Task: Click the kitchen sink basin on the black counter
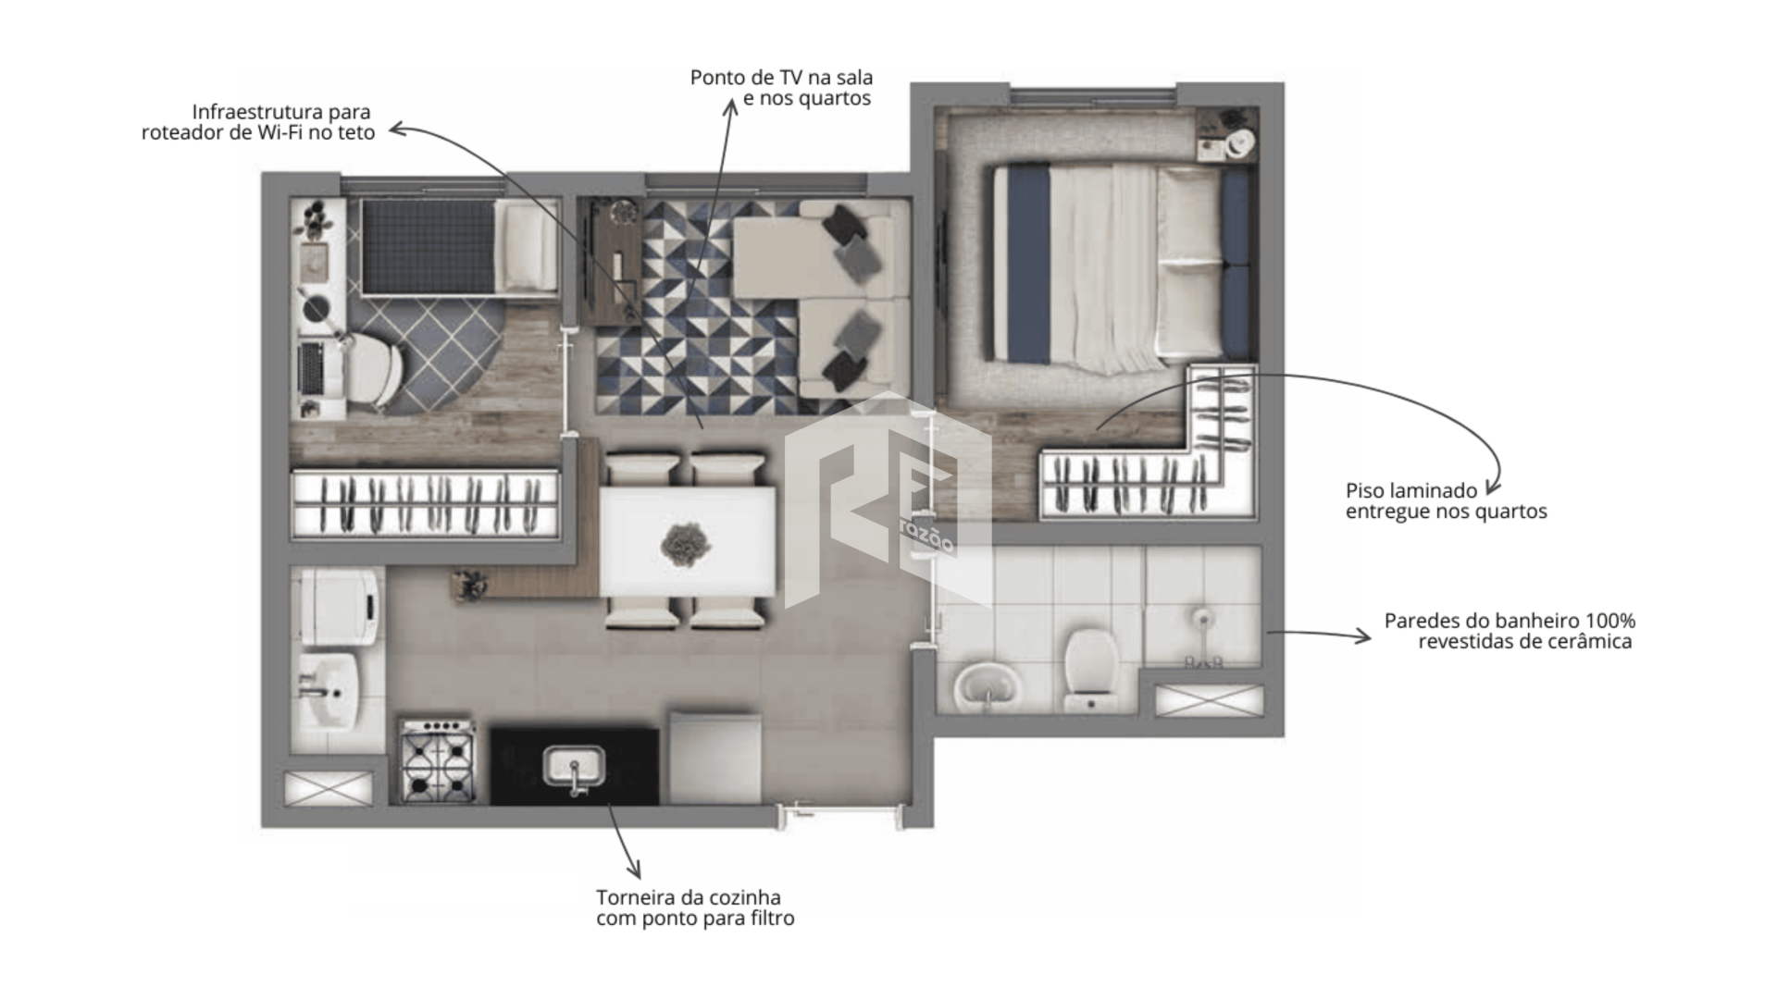pos(573,766)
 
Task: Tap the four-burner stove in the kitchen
pos(438,760)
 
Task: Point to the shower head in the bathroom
pos(1201,617)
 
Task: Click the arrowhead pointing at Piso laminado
pos(1491,487)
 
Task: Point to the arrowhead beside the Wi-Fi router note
pos(397,129)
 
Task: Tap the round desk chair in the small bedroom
pos(375,370)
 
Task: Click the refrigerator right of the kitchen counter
pos(715,757)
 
